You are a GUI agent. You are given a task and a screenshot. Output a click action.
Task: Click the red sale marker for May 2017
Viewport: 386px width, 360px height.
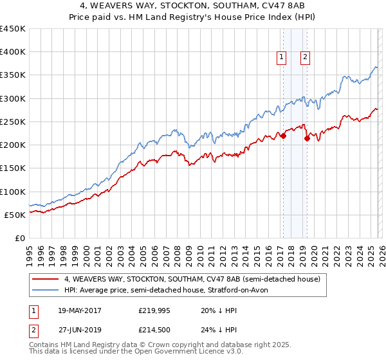click(283, 136)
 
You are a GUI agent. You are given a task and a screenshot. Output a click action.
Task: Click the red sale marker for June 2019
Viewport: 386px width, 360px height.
click(307, 138)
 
